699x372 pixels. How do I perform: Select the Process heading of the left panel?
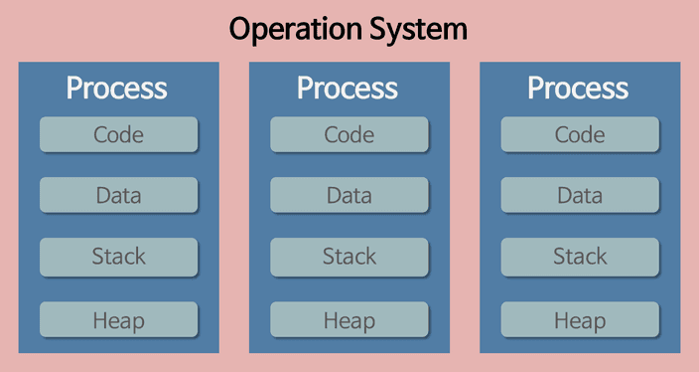click(x=117, y=88)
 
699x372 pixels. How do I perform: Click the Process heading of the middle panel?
click(x=348, y=88)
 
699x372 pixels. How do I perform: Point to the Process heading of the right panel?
click(x=578, y=88)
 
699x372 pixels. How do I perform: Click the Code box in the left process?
click(x=118, y=134)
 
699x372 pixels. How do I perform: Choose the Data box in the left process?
click(x=118, y=195)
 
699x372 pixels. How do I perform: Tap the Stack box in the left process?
click(x=118, y=257)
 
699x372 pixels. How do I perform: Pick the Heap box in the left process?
click(x=118, y=319)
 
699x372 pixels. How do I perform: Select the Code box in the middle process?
click(x=349, y=134)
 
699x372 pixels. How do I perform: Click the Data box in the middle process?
click(x=349, y=195)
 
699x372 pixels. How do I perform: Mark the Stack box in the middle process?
click(x=349, y=257)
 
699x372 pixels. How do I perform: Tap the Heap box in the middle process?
click(x=349, y=319)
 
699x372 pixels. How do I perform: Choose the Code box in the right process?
click(x=580, y=134)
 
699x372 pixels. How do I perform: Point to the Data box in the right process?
click(x=580, y=195)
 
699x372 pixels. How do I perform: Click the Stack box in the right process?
click(x=580, y=257)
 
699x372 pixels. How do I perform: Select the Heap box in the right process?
click(x=580, y=319)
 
